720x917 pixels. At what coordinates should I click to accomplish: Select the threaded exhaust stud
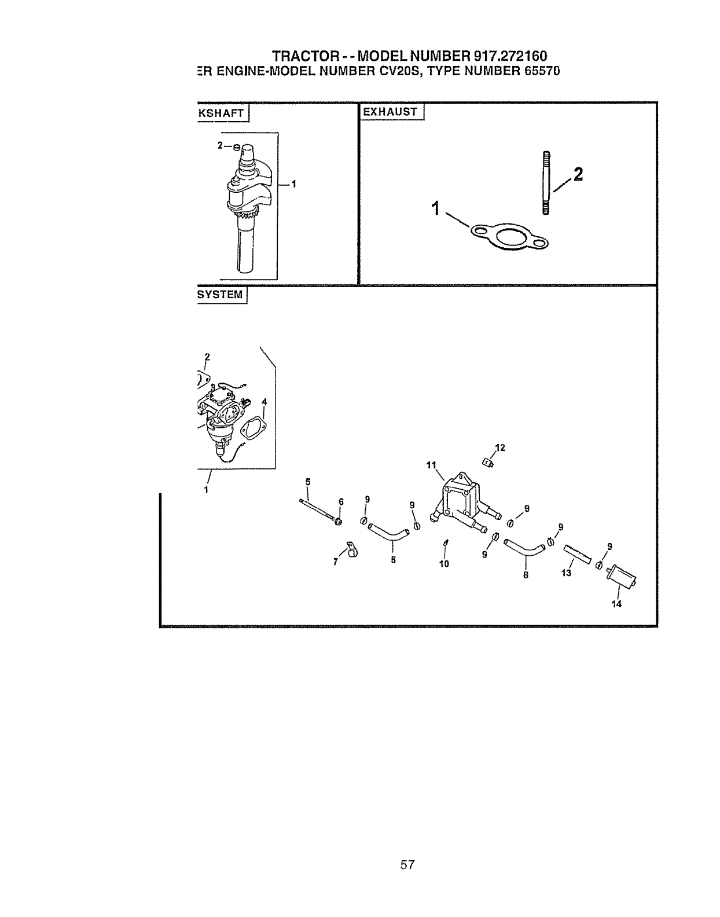point(545,182)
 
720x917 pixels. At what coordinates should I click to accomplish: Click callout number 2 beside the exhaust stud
point(578,174)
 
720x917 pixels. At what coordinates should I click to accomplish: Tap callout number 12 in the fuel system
point(500,448)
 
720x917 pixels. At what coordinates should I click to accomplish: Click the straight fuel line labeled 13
point(576,554)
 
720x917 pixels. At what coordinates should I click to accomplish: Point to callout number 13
point(566,573)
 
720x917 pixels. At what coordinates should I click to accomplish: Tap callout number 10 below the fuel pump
point(444,563)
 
